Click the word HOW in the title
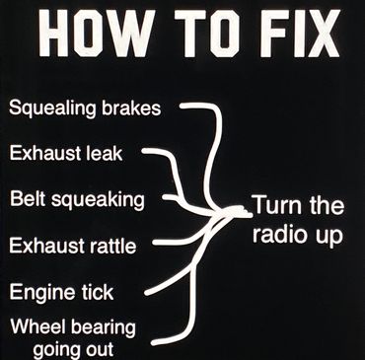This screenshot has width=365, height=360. pyautogui.click(x=97, y=34)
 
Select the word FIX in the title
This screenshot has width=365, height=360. pyautogui.click(x=300, y=34)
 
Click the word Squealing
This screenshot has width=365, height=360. pyautogui.click(x=52, y=108)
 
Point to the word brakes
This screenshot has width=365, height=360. pyautogui.click(x=131, y=108)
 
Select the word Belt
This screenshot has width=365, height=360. pyautogui.click(x=28, y=198)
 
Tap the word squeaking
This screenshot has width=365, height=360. pyautogui.click(x=98, y=200)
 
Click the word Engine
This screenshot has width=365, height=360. pyautogui.click(x=37, y=293)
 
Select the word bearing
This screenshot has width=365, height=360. pyautogui.click(x=104, y=328)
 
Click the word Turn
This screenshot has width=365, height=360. pyautogui.click(x=277, y=205)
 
